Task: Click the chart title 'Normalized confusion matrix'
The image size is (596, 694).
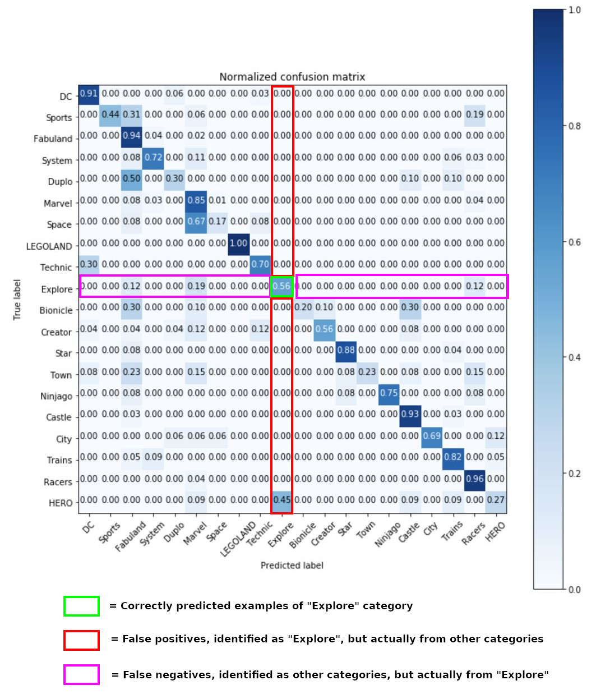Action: (x=292, y=77)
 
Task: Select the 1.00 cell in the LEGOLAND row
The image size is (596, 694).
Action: (x=239, y=243)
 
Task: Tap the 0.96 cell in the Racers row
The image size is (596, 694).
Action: (x=474, y=479)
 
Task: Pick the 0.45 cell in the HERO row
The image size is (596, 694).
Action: (x=281, y=500)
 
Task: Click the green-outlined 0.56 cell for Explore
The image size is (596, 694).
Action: (x=281, y=286)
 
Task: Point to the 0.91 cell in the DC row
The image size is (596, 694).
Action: (x=89, y=93)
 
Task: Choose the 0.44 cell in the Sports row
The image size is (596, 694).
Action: (x=110, y=114)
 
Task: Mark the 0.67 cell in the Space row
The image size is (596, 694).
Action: (x=196, y=222)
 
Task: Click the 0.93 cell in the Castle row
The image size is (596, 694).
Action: (x=410, y=414)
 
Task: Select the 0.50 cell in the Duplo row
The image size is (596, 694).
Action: (x=132, y=178)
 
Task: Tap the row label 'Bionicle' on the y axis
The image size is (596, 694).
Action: (x=56, y=310)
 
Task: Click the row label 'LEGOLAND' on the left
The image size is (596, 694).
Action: (x=49, y=246)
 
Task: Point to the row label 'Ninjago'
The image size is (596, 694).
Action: (x=56, y=396)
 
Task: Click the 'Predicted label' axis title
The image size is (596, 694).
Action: (x=292, y=566)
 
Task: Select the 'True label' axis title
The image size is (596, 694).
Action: (x=17, y=300)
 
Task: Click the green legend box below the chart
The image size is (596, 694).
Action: (x=81, y=606)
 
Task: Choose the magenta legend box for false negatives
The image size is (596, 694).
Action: (x=81, y=674)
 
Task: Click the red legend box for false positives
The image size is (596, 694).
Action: (x=81, y=640)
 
